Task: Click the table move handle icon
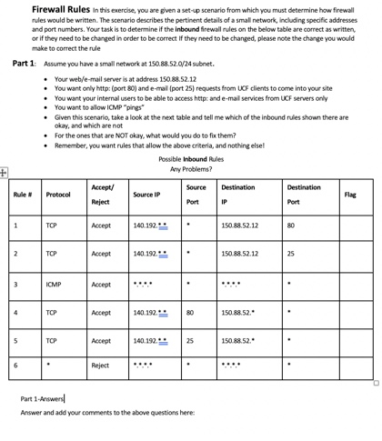click(4, 171)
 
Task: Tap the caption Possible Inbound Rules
click(190, 158)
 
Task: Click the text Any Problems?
click(190, 169)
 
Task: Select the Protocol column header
click(58, 195)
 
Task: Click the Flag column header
click(350, 195)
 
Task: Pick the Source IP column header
click(146, 195)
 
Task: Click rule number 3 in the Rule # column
click(15, 283)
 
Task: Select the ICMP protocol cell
click(54, 283)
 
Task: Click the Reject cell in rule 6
click(100, 366)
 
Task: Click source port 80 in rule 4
click(190, 312)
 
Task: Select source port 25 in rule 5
click(190, 341)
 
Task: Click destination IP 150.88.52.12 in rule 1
click(239, 225)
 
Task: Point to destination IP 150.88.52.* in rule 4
click(237, 312)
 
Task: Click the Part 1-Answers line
click(42, 399)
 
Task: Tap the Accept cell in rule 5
click(101, 341)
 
